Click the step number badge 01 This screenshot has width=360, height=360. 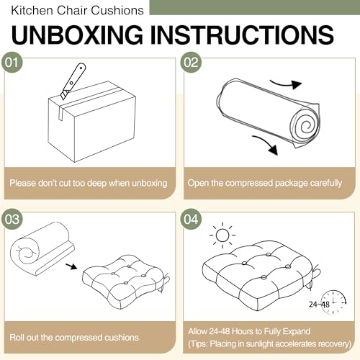(12, 63)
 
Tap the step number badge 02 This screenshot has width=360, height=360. (191, 63)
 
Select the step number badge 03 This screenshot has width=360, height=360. (12, 219)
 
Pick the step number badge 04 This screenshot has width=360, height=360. (191, 219)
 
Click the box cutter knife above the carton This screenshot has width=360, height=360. (73, 81)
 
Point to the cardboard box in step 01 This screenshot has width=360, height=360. (92, 122)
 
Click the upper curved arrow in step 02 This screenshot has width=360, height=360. (286, 84)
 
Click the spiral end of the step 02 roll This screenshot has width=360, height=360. (305, 126)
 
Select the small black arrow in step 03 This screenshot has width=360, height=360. (71, 266)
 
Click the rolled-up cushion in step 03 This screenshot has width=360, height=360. (42, 248)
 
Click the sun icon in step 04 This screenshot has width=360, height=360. (222, 235)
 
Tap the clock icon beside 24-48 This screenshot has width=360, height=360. (333, 302)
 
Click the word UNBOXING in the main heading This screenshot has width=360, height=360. (77, 35)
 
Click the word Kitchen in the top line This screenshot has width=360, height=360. (32, 11)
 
